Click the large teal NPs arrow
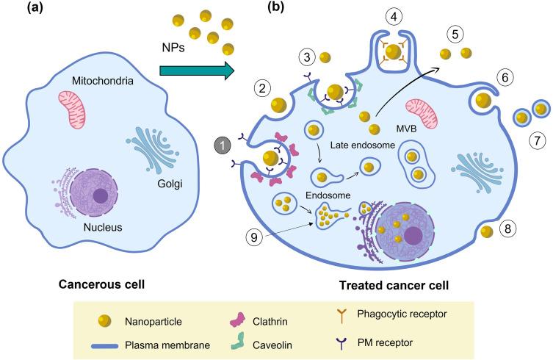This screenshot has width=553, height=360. pyautogui.click(x=196, y=71)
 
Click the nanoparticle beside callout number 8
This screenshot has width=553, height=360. pyautogui.click(x=485, y=233)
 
